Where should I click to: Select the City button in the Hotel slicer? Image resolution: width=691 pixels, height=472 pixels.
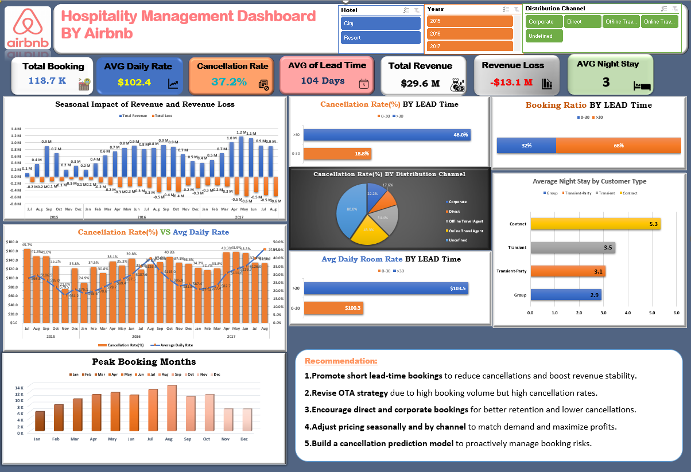pos(381,24)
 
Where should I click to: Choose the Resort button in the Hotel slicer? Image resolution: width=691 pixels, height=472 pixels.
pos(381,38)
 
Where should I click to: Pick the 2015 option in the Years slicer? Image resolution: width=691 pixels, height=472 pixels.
pos(469,21)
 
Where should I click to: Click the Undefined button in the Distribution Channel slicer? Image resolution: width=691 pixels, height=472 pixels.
pos(544,36)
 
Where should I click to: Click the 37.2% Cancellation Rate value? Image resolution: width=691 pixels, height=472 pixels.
pos(229,82)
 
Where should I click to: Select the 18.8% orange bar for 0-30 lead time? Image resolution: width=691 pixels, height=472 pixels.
pos(337,154)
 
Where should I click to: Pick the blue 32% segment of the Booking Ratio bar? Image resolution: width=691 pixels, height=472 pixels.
pos(526,146)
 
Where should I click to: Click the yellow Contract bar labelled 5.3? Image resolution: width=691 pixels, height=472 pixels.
pos(595,224)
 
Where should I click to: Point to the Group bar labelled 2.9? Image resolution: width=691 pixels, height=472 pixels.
pos(565,295)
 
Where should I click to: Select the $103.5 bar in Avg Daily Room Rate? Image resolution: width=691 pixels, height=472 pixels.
pos(386,288)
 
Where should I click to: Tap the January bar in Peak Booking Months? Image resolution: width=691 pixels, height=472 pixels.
pos(40,421)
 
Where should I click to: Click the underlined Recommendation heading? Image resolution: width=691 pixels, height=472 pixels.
pos(341,361)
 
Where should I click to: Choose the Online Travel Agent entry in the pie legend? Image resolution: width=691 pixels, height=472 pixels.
pos(465,231)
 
